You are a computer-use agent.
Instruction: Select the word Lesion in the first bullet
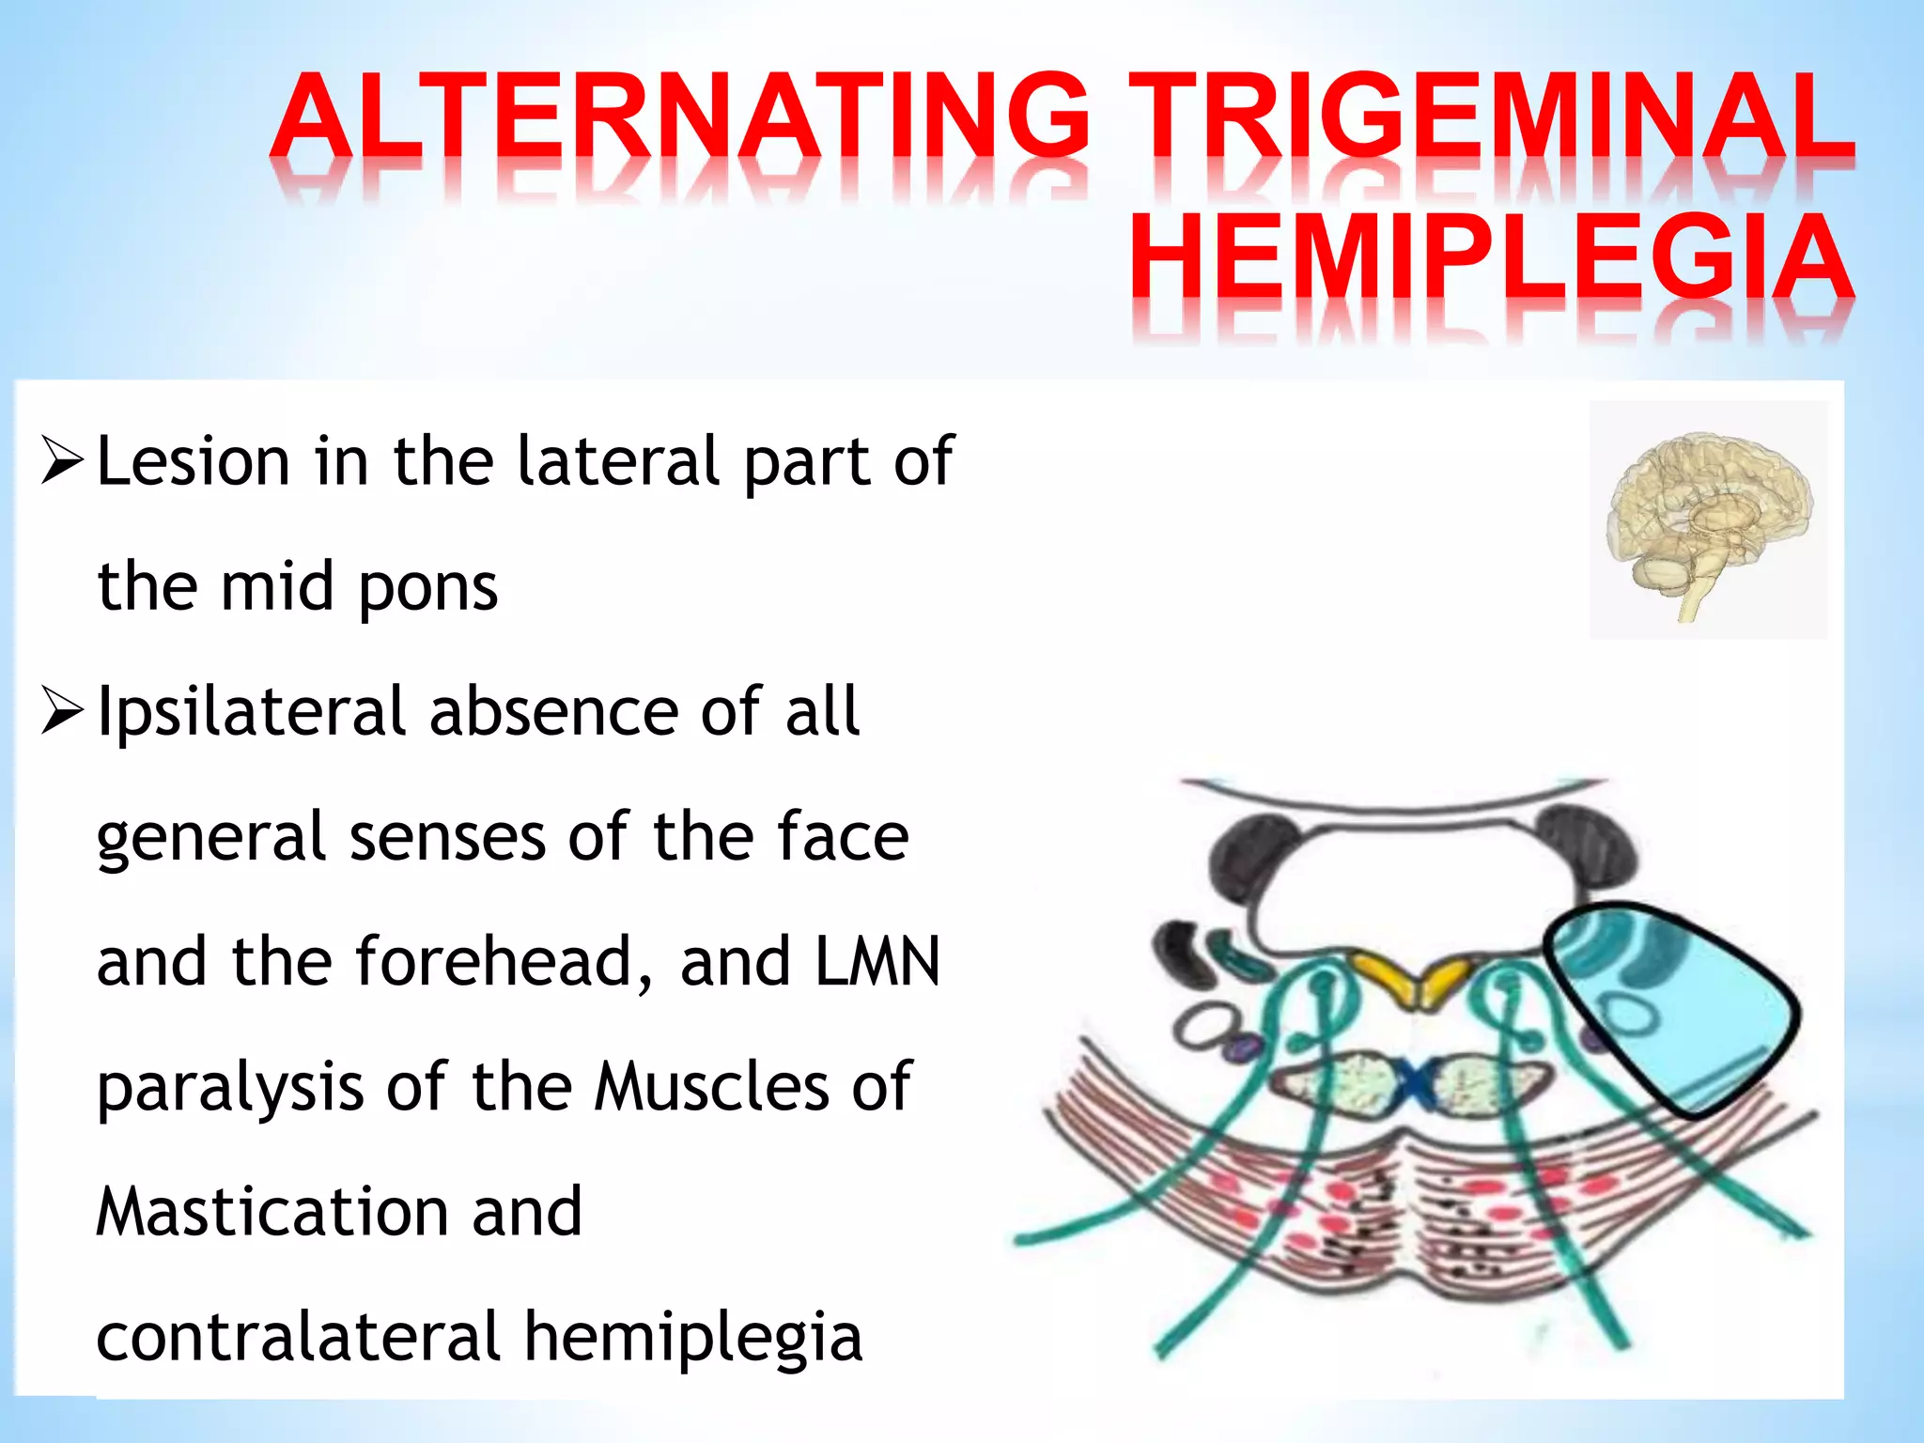194,461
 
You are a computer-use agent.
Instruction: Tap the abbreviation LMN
877,962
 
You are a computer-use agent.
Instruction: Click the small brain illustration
1708,520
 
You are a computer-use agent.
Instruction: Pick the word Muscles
715,1088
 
